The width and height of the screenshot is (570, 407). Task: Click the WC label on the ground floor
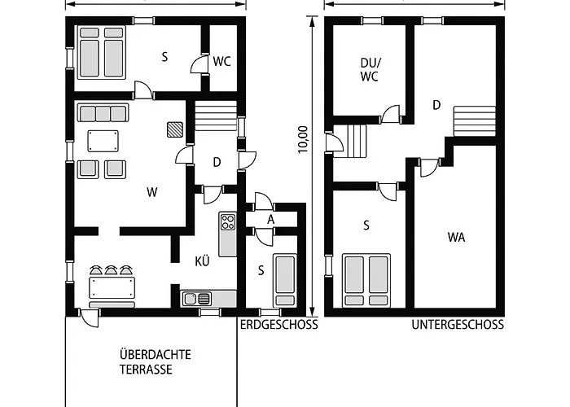coord(221,61)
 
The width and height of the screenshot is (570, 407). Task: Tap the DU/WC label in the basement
coord(370,69)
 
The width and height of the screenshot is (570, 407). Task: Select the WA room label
coord(456,238)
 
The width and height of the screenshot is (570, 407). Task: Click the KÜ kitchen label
coord(203,261)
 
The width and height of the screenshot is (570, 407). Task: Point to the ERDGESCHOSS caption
coord(278,325)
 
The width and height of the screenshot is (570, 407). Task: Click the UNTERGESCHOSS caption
coord(458,325)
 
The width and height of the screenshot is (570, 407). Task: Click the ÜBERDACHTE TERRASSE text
coord(156,362)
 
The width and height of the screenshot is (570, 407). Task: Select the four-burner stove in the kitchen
coord(228,221)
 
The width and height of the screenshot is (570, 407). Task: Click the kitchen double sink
coord(197,299)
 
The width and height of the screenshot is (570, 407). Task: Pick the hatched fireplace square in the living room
coord(175,129)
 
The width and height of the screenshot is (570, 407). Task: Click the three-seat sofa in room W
coord(103,112)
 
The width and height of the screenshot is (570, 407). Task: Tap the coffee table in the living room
coord(103,141)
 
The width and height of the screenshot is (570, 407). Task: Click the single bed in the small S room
coord(285,279)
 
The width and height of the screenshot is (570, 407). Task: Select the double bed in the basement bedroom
coord(366,280)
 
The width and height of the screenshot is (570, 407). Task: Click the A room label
coord(270,220)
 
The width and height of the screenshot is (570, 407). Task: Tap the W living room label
coord(152,192)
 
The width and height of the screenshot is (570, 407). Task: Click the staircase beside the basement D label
coord(474,121)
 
